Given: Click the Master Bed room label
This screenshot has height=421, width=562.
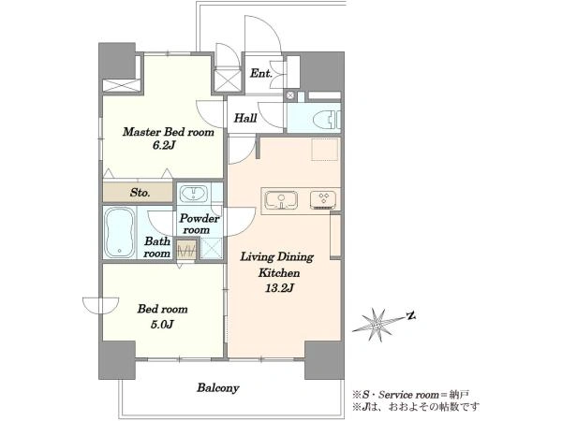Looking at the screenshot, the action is pos(169,132).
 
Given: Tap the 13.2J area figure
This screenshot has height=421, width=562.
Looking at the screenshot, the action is pos(279,288).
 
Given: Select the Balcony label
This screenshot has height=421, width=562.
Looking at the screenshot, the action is pos(218,387).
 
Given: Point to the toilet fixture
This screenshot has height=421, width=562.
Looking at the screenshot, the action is pos(327,119).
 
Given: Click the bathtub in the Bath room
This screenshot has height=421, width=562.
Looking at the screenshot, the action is pos(119,233).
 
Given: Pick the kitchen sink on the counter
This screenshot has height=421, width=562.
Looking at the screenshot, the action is pos(281,200).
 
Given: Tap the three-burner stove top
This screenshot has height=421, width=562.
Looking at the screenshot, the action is pos(323,200).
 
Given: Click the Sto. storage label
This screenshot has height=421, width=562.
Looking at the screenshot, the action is pos(140,193).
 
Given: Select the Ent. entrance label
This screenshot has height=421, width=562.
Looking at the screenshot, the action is pos(261,73).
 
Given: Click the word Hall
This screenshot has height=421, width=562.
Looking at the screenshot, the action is pos(245,118).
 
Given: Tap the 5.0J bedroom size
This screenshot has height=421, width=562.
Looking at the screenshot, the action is pos(162,325).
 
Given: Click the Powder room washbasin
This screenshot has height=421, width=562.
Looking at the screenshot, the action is pos(194,194).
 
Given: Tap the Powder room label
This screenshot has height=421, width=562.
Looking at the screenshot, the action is pos(200,224).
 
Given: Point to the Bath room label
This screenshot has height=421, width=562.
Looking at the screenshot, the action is pos(156,247).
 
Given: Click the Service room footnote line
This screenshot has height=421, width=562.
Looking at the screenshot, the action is pos(411,395).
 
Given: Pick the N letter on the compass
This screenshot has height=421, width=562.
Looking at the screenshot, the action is pos(411,316).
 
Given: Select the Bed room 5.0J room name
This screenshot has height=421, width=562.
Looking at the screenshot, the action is pos(162,309).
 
